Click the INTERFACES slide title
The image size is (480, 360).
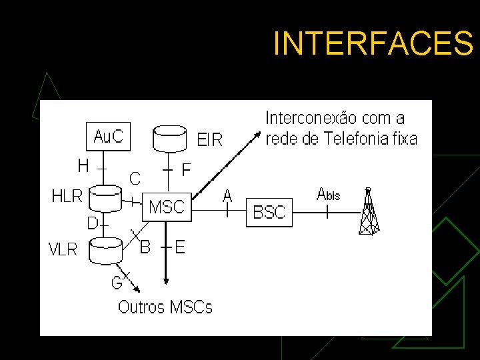click(x=373, y=44)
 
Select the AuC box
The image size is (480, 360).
click(x=108, y=137)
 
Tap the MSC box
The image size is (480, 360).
click(x=167, y=207)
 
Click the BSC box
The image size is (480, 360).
click(x=269, y=213)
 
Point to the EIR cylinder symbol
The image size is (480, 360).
click(x=170, y=139)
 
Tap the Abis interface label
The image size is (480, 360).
click(x=328, y=194)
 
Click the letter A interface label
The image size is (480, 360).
click(x=227, y=195)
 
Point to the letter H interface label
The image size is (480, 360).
click(x=83, y=165)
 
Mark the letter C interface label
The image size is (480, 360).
click(x=135, y=178)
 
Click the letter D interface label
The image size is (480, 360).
click(x=93, y=221)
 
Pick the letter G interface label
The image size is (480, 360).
click(x=117, y=283)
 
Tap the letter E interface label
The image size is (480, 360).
click(x=179, y=247)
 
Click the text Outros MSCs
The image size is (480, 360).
click(x=165, y=307)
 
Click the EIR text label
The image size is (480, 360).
click(x=210, y=140)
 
